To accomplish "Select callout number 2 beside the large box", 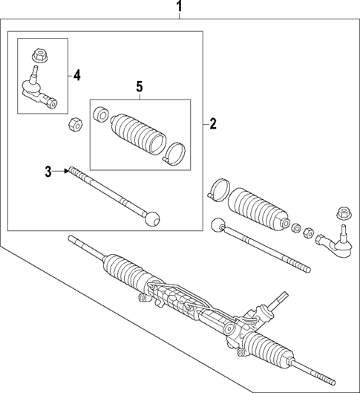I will pos(212,124).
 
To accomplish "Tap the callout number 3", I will pos(48,172).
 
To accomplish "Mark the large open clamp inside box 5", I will pos(176,153).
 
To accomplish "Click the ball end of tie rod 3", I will pos(152,218).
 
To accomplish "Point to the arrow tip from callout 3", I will pos(67,172).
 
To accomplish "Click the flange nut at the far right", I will pos(343,212).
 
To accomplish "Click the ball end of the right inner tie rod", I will pos(217,225).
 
